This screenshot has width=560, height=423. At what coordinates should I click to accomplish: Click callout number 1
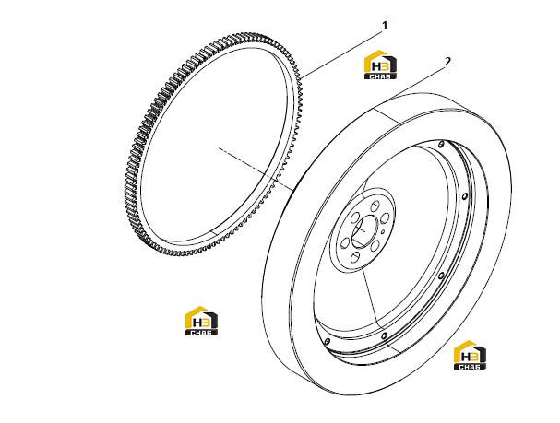pos(385,26)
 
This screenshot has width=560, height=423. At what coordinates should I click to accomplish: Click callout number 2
pos(447,62)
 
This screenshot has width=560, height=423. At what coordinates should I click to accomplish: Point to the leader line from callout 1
pos(342,54)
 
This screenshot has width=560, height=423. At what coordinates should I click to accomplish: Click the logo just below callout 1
pos(380,65)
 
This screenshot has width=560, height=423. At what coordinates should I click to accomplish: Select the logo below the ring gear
pos(201,321)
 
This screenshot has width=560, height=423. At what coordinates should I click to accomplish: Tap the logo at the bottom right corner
pos(470,355)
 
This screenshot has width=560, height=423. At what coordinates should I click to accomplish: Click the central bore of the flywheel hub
pos(364,232)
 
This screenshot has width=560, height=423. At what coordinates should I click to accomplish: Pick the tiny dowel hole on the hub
pos(383,232)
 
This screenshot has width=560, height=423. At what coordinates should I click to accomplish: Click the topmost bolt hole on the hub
pos(375,206)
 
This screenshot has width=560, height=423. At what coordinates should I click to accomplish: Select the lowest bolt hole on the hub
pos(355,258)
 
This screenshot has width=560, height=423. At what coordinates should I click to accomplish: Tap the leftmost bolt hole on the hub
pos(345,243)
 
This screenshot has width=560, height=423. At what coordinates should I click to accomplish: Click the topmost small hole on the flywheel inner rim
pos(441,144)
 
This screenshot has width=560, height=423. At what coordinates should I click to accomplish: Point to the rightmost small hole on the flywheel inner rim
pos(465,196)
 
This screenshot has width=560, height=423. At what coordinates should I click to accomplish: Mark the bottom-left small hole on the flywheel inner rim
pos(328,342)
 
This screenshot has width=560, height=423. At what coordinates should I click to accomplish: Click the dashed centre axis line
pos(256,169)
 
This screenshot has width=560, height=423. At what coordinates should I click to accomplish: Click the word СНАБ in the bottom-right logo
pos(470,366)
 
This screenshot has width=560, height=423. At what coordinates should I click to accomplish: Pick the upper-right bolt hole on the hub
pos(385,218)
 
